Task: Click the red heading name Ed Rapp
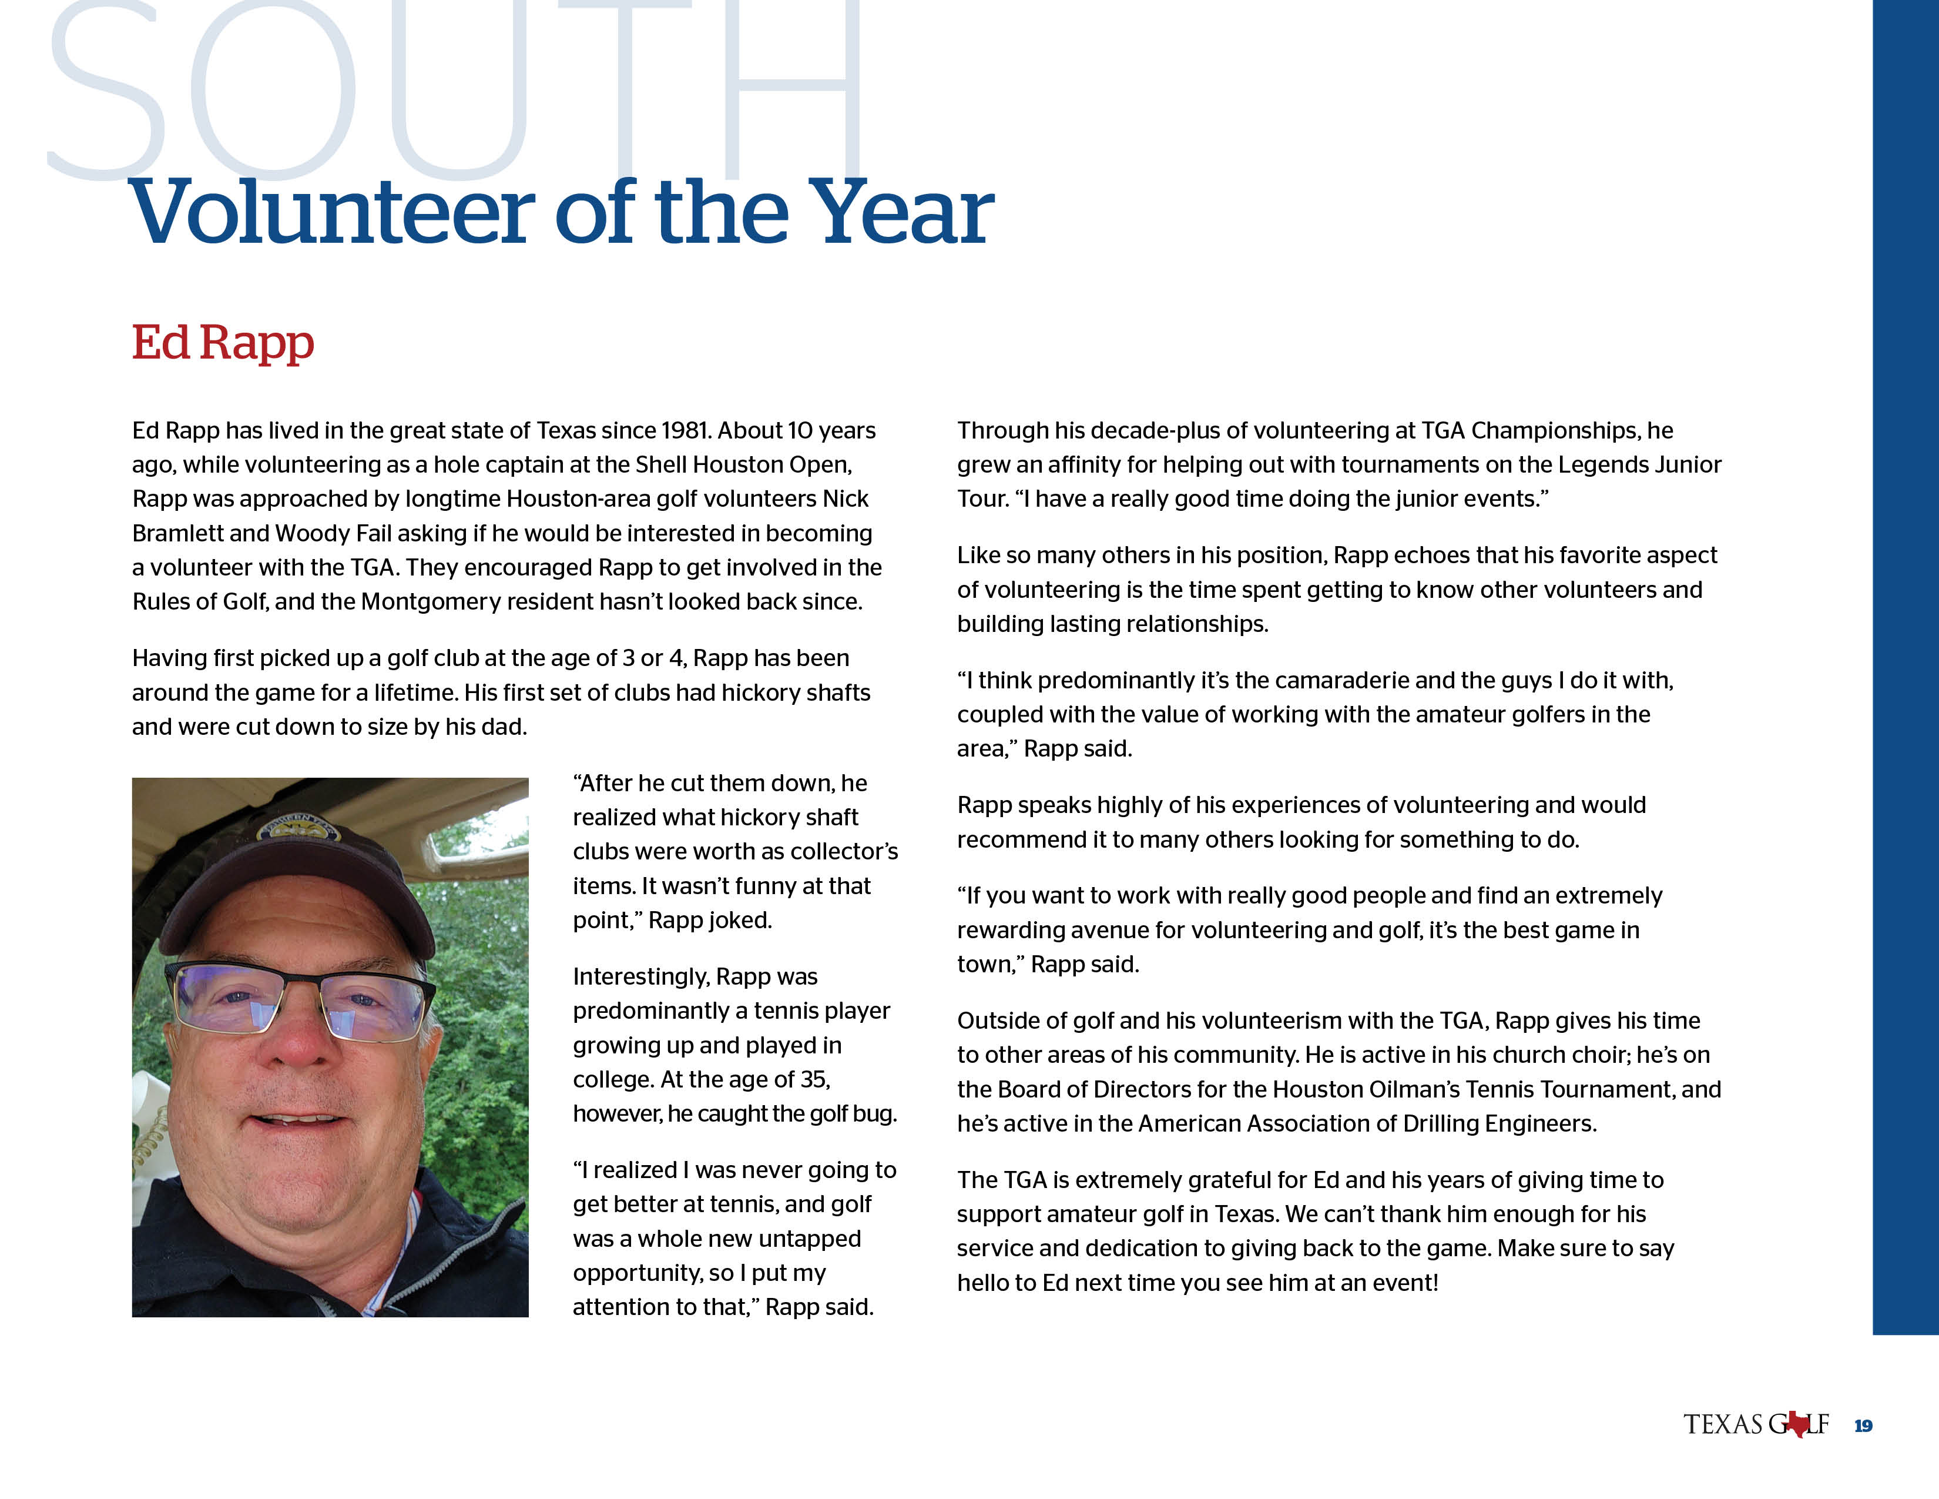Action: (x=223, y=343)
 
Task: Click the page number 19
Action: (x=1863, y=1426)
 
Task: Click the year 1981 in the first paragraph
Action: (x=685, y=431)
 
